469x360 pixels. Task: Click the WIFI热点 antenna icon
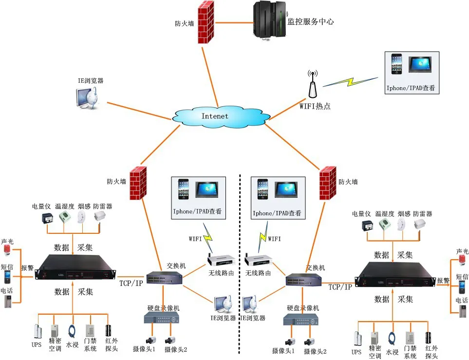pos(312,85)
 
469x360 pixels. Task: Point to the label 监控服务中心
pos(310,21)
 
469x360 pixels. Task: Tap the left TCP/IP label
pos(131,282)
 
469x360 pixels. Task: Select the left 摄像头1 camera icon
pos(149,340)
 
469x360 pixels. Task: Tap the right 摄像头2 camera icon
pos(309,341)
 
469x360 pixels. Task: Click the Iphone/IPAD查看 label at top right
pos(410,89)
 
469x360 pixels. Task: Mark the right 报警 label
pos(443,281)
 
